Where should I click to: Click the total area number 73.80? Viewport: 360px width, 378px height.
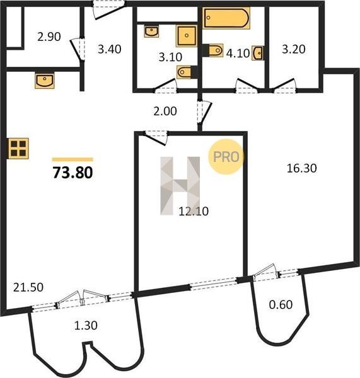pyautogui.click(x=73, y=173)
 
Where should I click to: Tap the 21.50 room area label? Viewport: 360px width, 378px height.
pyautogui.click(x=28, y=287)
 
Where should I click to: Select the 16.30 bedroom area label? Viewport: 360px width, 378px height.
pyautogui.click(x=301, y=168)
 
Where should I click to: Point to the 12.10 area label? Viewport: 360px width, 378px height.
pyautogui.click(x=194, y=211)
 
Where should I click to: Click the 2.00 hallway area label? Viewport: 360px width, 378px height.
pyautogui.click(x=165, y=112)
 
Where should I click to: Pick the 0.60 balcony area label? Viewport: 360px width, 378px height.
pyautogui.click(x=281, y=304)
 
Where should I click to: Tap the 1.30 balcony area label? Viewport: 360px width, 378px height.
pyautogui.click(x=86, y=326)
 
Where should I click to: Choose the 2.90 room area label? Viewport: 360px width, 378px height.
pyautogui.click(x=49, y=37)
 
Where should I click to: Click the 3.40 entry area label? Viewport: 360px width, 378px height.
pyautogui.click(x=110, y=49)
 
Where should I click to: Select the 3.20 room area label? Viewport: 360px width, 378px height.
pyautogui.click(x=294, y=49)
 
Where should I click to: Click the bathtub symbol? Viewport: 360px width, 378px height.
pyautogui.click(x=226, y=18)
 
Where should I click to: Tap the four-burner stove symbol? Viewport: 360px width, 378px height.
pyautogui.click(x=18, y=149)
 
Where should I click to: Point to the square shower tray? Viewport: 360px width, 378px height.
pyautogui.click(x=187, y=36)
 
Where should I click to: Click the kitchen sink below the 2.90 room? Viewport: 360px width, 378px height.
pyautogui.click(x=44, y=80)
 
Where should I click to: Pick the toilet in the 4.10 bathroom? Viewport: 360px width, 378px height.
pyautogui.click(x=213, y=50)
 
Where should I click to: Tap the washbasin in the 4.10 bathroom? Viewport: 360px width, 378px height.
pyautogui.click(x=258, y=53)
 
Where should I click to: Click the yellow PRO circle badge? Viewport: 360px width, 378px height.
pyautogui.click(x=226, y=157)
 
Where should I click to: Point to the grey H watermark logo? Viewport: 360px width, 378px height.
pyautogui.click(x=180, y=186)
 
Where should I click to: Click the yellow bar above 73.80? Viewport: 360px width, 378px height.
pyautogui.click(x=73, y=159)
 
